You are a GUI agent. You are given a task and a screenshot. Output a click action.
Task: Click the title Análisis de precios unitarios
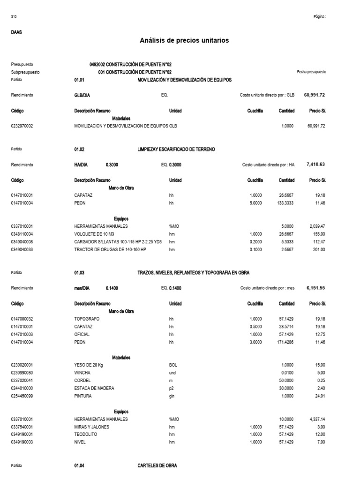click(x=184, y=41)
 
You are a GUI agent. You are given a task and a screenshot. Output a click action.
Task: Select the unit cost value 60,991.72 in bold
click(x=314, y=95)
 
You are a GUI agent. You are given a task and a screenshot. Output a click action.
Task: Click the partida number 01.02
click(x=79, y=149)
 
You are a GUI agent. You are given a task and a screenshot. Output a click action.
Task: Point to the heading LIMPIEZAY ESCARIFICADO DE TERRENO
click(x=176, y=149)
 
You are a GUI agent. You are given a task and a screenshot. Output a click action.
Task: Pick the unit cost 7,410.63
click(x=315, y=165)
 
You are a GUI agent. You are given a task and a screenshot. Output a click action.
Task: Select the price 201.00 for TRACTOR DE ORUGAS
click(x=319, y=249)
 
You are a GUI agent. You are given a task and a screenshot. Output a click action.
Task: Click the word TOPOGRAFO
click(x=87, y=319)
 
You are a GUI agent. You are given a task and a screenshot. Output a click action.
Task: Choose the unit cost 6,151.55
click(x=315, y=288)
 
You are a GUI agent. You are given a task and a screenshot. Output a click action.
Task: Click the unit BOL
click(x=173, y=365)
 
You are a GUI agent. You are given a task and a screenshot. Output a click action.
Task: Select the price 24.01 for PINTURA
click(x=320, y=396)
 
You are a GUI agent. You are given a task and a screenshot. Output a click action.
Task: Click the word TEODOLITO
click(x=87, y=435)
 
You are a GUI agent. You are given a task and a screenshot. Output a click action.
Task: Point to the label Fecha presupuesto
click(x=311, y=72)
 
